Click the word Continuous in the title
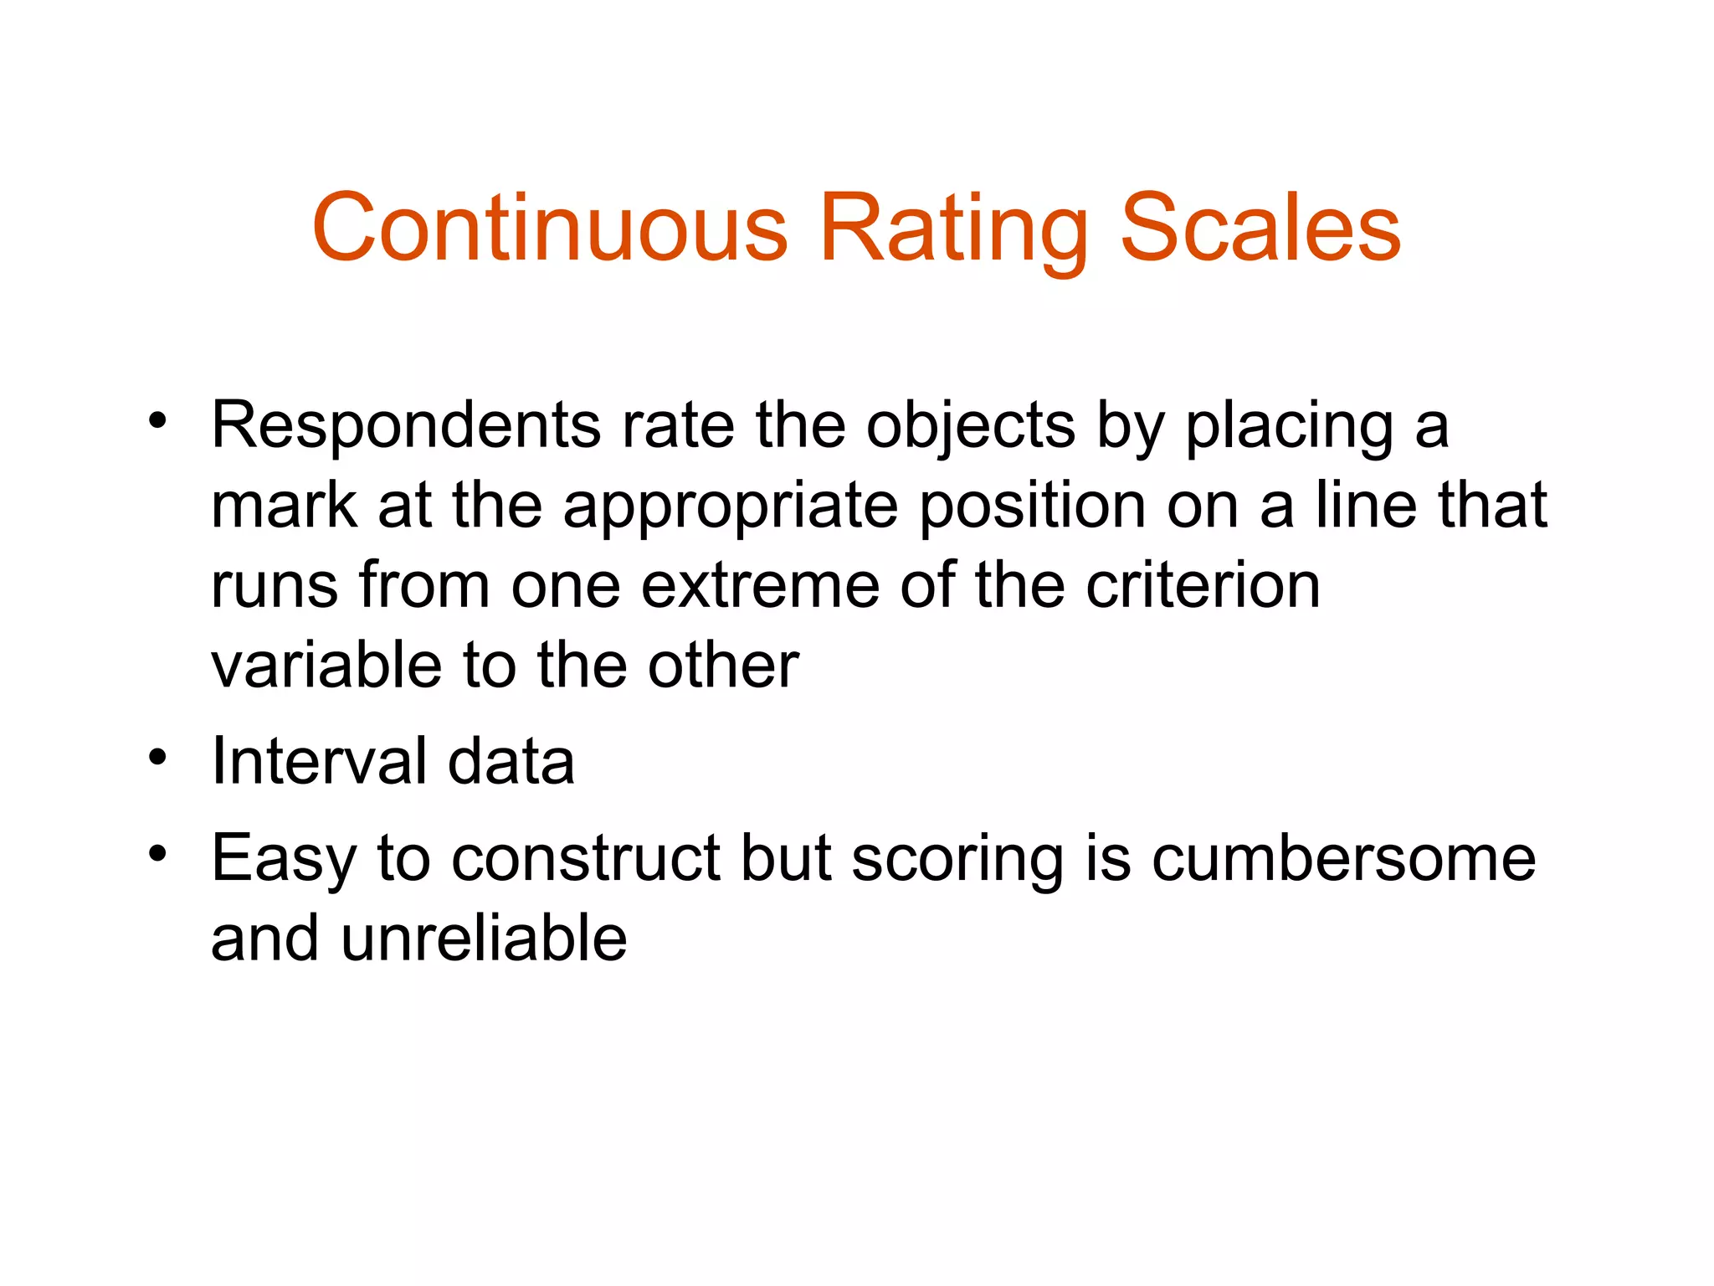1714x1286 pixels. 550,228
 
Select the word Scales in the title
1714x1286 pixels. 1260,228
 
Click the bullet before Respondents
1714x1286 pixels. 157,420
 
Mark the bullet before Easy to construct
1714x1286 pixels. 157,854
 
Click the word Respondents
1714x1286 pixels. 406,425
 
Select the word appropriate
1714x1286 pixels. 731,507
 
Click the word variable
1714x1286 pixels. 326,665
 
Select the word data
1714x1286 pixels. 511,761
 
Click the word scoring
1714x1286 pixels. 957,860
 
